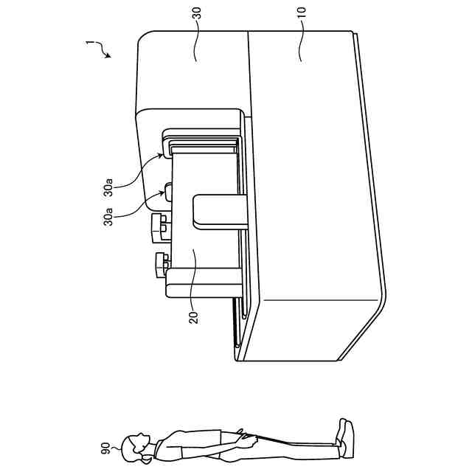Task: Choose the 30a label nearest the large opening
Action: tap(110, 191)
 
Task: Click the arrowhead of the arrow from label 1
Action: tap(108, 56)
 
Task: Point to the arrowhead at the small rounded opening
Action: tap(164, 194)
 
